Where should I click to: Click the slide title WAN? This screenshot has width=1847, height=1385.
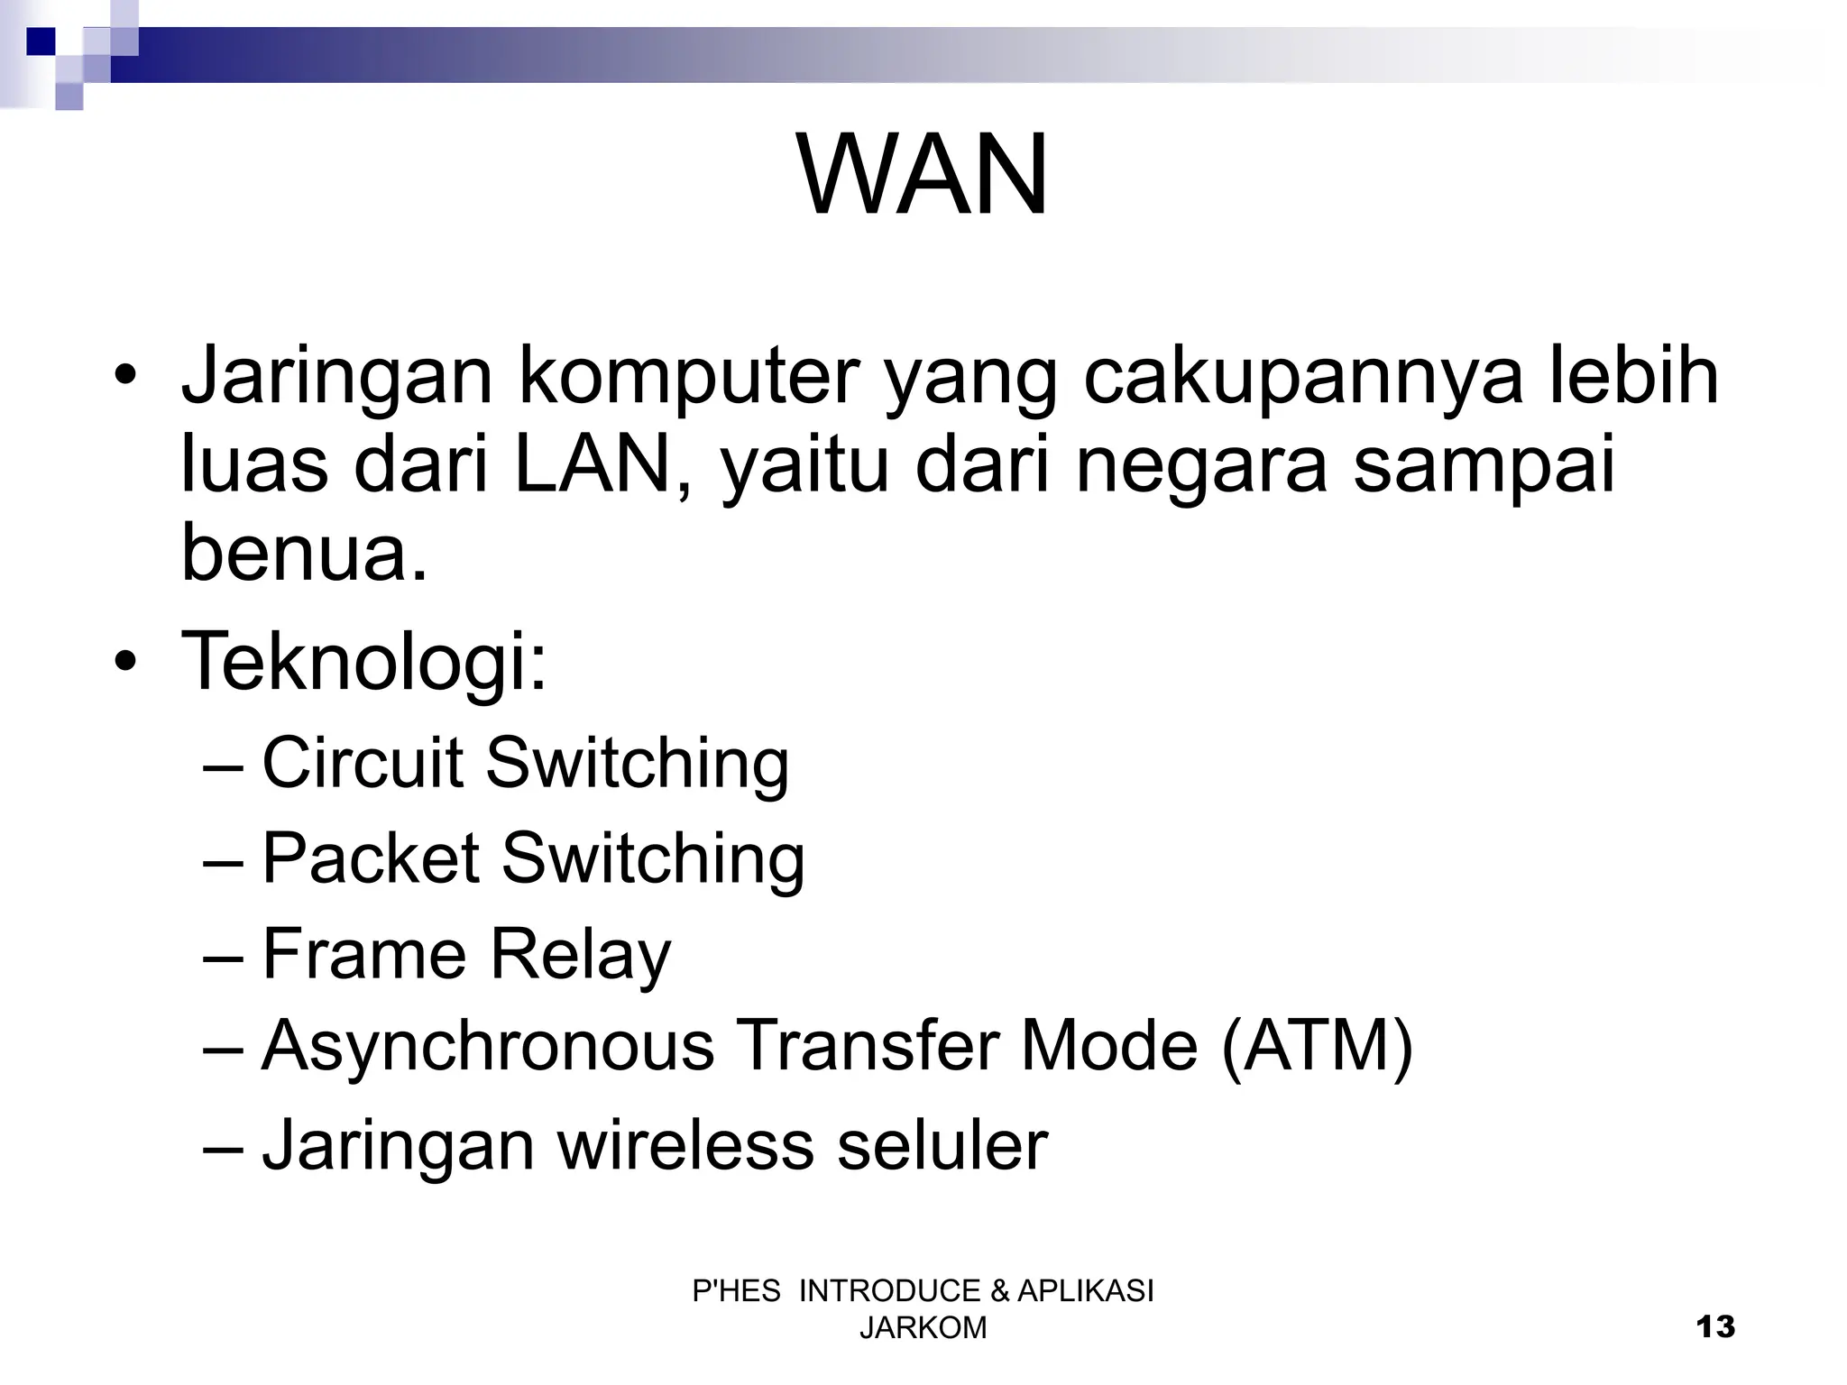[x=923, y=175]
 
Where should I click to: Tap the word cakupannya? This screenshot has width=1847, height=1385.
[x=1302, y=377]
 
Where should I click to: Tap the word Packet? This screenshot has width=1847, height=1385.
[x=370, y=858]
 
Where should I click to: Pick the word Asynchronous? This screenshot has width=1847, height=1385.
[x=487, y=1048]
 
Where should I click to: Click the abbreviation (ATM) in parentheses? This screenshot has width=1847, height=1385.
[x=1316, y=1048]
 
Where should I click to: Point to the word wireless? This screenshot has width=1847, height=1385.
[x=685, y=1145]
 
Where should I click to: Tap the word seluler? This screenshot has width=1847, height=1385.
[x=942, y=1145]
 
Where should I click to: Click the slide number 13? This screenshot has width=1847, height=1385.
[x=1714, y=1327]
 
